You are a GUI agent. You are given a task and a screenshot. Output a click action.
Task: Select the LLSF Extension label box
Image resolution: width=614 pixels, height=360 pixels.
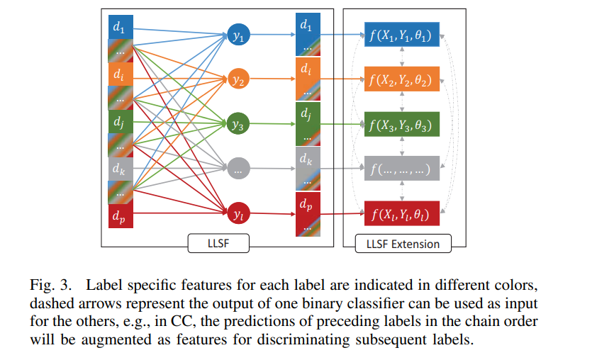[x=403, y=244]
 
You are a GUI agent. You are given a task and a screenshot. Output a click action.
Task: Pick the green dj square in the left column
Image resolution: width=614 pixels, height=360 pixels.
[x=119, y=122]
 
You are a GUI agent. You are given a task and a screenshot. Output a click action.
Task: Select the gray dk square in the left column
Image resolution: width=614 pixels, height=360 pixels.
[x=119, y=169]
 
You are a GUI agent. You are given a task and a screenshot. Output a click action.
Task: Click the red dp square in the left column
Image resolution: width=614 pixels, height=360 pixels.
[x=119, y=216]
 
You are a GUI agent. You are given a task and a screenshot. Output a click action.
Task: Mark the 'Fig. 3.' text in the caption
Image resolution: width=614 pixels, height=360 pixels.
[x=51, y=287]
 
